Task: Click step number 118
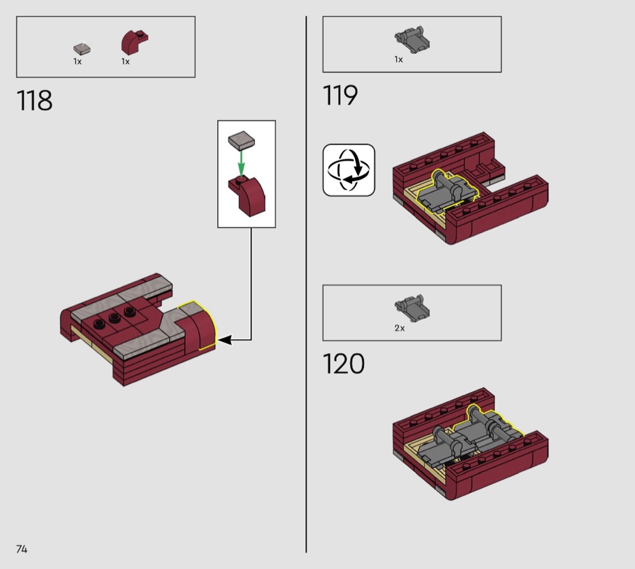[x=34, y=101]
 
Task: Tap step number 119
[x=340, y=95]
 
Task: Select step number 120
[x=344, y=364]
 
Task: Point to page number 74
[x=22, y=549]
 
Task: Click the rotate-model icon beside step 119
[x=349, y=170]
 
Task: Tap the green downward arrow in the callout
[x=241, y=163]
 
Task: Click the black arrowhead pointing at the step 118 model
[x=225, y=339]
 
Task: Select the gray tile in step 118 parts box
[x=82, y=49]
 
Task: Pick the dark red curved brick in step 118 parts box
[x=134, y=42]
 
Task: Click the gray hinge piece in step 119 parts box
[x=412, y=40]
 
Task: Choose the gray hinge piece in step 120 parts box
[x=412, y=308]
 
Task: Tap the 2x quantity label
[x=399, y=328]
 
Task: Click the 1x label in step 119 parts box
[x=399, y=59]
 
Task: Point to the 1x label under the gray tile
[x=77, y=62]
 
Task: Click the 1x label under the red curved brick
[x=126, y=62]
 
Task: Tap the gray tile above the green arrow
[x=241, y=140]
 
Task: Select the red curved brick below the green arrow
[x=247, y=196]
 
